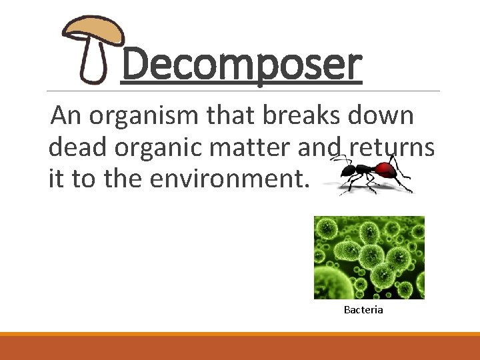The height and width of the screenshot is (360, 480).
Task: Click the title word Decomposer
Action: coord(241,65)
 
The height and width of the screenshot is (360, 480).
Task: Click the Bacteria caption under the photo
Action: coord(363,310)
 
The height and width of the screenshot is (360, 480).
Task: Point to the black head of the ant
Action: coord(347,173)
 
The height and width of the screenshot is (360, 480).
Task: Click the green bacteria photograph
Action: coord(369,257)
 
